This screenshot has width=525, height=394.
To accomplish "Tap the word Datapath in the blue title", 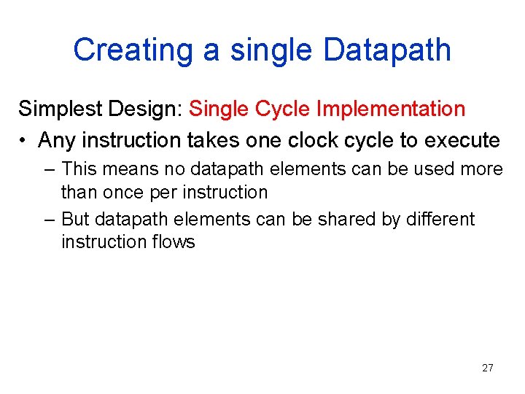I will (387, 50).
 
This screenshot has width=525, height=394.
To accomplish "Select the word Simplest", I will (61, 109).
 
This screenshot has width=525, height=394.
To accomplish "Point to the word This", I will (79, 169).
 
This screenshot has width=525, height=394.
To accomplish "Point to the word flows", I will (173, 242).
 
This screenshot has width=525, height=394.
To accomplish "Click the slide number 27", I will (488, 368).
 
